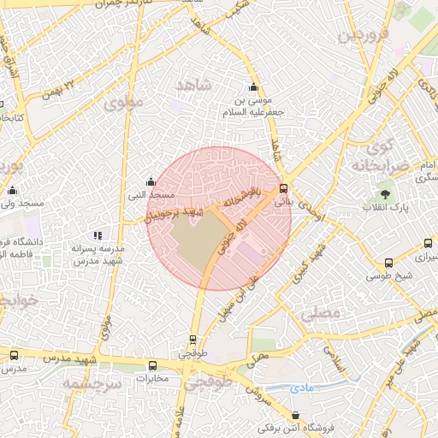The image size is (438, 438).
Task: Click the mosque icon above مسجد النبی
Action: tap(151, 181)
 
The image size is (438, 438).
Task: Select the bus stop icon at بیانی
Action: tap(283, 188)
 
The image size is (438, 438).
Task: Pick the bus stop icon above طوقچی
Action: tap(192, 339)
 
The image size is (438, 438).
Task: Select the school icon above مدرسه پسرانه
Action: tap(98, 234)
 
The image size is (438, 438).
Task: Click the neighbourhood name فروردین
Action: tap(364, 36)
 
